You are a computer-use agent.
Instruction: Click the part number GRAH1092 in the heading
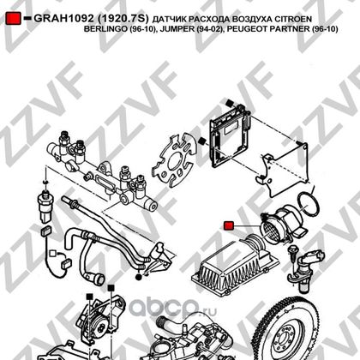[x=63, y=18]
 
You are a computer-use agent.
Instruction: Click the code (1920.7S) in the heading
[x=123, y=18]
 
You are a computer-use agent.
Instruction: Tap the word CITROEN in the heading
[x=293, y=19]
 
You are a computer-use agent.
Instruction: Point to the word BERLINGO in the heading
[x=105, y=29]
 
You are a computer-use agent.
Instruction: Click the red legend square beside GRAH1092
[x=13, y=18]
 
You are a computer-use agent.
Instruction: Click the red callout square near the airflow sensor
[x=229, y=225]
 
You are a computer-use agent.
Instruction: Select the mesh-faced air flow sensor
[x=281, y=225]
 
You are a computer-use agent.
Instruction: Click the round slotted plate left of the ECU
[x=175, y=161]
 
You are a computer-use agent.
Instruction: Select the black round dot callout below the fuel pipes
[x=139, y=277]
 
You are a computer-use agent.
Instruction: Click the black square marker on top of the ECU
[x=230, y=103]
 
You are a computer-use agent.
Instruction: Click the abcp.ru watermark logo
[x=173, y=308]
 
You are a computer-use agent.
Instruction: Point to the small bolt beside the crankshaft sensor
[x=292, y=255]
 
